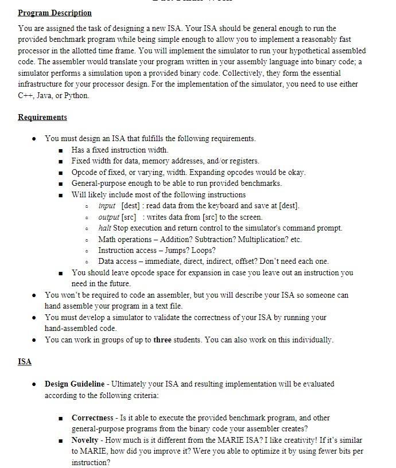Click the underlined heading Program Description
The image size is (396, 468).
point(55,13)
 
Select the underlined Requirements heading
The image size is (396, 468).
point(42,117)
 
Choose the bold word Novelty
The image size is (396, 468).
point(85,440)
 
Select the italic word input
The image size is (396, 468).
point(107,205)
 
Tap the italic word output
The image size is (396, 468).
point(108,217)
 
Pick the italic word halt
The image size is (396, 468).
point(104,228)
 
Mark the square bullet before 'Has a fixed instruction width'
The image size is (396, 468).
point(60,150)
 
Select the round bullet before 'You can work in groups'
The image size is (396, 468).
point(35,340)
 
